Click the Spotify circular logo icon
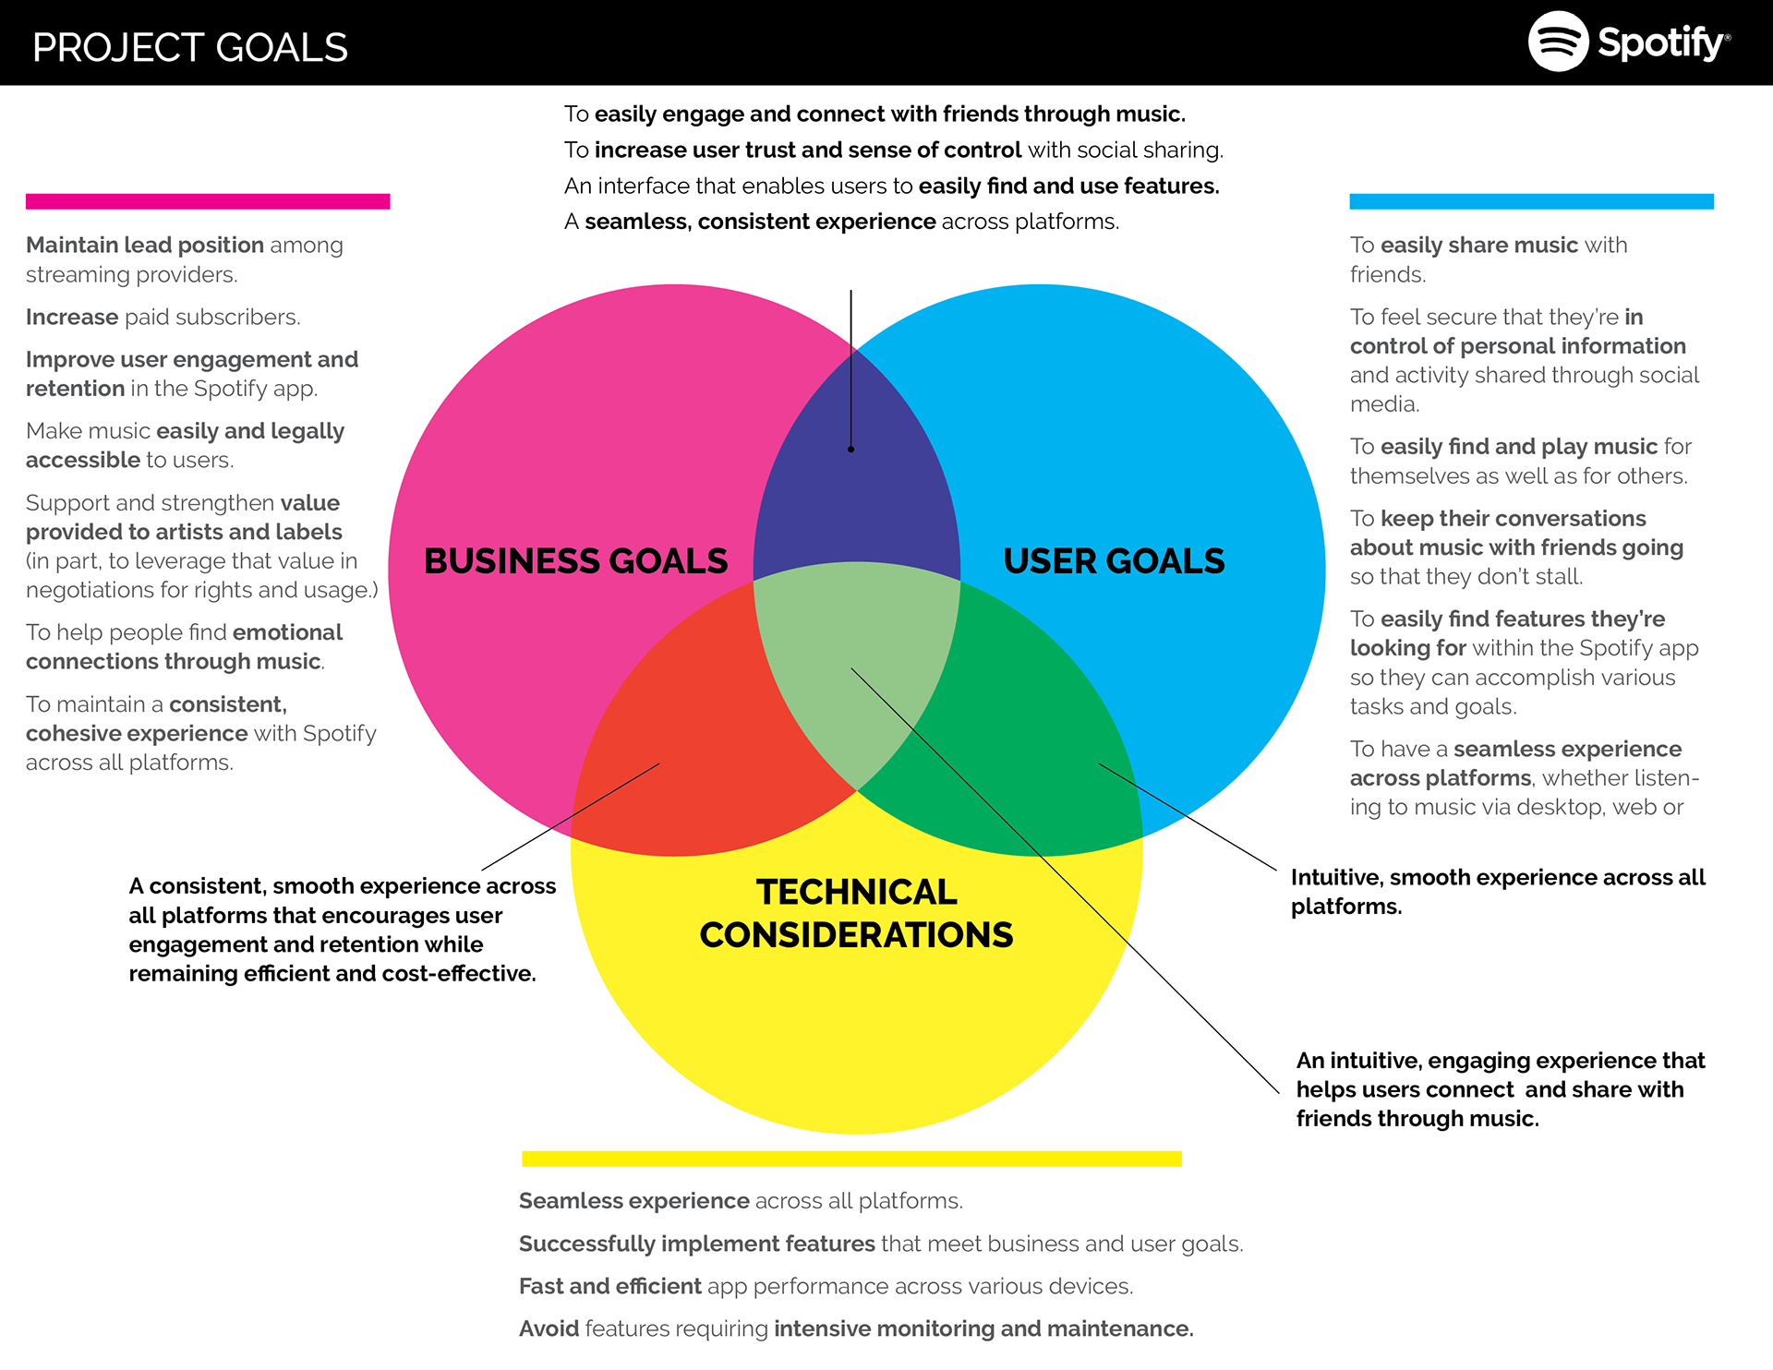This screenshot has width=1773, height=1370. tap(1558, 42)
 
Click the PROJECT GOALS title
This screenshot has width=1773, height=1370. tap(190, 48)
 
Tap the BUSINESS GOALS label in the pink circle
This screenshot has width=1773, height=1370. tap(575, 561)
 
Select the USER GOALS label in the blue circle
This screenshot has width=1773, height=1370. tap(1114, 561)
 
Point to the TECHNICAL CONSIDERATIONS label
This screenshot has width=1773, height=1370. tap(856, 913)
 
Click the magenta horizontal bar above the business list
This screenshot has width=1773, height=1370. tap(208, 201)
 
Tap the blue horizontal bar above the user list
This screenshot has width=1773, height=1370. tap(1531, 201)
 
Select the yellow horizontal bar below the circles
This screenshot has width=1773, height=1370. tap(851, 1159)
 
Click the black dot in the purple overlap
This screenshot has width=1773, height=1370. tap(850, 450)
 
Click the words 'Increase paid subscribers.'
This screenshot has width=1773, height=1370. tap(163, 318)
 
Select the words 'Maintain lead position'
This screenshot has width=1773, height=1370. tap(145, 246)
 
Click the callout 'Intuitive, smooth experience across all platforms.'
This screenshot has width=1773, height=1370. tap(1497, 892)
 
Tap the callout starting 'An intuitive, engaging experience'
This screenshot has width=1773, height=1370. tap(1500, 1089)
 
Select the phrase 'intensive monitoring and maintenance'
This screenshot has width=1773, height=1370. tap(983, 1328)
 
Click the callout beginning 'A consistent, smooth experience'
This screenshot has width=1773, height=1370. tap(342, 930)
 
